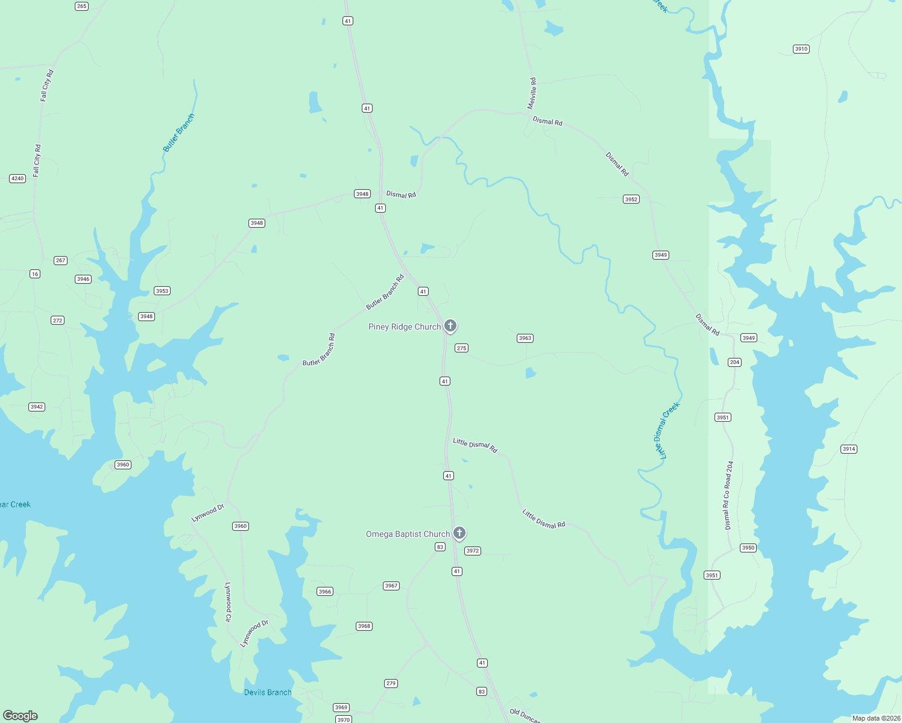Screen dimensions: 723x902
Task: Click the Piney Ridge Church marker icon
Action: (x=450, y=326)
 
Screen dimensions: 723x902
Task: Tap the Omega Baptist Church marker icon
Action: (x=459, y=533)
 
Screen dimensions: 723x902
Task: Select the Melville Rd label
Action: (x=532, y=93)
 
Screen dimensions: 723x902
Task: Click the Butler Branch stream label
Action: (x=179, y=133)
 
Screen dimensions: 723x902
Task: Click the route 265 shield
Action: (x=81, y=6)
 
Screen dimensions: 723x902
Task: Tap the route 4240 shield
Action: (x=17, y=178)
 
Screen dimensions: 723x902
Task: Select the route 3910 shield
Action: (x=801, y=49)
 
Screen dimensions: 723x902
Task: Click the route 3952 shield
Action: (x=631, y=199)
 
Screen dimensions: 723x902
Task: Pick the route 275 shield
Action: (x=461, y=348)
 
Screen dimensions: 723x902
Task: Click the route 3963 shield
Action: (x=525, y=338)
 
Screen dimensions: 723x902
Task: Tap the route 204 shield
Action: (x=734, y=362)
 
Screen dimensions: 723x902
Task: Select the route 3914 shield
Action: (x=848, y=449)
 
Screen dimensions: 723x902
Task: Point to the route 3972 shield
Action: (x=472, y=551)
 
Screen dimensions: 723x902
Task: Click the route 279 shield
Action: (x=391, y=683)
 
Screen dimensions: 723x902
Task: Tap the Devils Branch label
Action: (x=268, y=692)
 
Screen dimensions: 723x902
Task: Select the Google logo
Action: (x=20, y=716)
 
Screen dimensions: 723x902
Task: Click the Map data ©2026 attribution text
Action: (x=875, y=718)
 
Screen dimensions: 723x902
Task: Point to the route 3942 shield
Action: (x=37, y=407)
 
